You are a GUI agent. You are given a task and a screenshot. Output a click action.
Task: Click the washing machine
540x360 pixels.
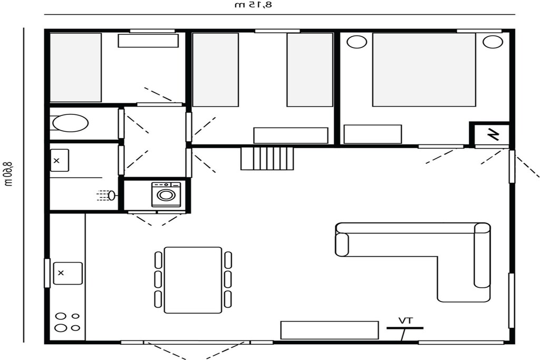point(166,194)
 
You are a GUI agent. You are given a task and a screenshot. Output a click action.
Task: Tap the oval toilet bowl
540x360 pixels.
point(70,123)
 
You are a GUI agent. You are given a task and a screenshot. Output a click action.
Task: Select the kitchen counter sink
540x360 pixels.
point(68,273)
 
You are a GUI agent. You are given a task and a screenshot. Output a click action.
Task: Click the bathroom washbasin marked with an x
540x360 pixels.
point(60,160)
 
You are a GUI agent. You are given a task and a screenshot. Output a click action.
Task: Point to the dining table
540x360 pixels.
point(193,280)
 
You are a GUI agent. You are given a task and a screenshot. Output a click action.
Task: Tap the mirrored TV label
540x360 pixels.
point(406,321)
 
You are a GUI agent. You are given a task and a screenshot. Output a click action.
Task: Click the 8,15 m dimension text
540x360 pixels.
point(254,5)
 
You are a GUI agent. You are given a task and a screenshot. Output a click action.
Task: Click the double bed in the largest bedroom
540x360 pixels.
point(424,70)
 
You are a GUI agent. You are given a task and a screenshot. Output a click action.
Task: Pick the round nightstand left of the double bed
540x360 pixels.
point(357,42)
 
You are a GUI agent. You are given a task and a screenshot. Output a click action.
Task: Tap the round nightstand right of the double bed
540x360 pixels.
point(493,42)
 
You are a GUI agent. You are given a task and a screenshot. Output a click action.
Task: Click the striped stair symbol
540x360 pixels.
point(267,158)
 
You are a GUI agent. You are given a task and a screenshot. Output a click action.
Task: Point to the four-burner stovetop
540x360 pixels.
point(67,322)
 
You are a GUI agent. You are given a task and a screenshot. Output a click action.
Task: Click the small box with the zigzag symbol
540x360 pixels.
point(492,134)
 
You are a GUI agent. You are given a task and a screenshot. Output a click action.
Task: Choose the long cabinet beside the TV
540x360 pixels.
point(330,330)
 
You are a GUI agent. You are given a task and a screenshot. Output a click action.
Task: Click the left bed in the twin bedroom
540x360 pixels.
point(215,70)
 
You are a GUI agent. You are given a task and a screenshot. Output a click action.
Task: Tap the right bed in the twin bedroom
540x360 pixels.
point(310,70)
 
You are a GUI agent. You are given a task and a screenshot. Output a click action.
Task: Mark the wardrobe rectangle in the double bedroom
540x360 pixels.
point(373,134)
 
